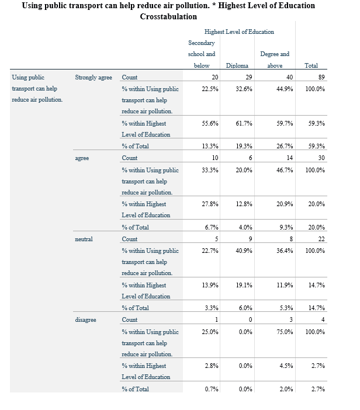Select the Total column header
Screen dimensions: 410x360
(311, 66)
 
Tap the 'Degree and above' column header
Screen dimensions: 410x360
(274, 60)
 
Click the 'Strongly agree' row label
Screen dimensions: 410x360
(94, 78)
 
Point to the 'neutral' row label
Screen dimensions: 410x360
(84, 239)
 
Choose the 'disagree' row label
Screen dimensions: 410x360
(85, 319)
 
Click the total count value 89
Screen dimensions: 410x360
(321, 78)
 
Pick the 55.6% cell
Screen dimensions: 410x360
(210, 123)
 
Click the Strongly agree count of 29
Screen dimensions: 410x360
(248, 78)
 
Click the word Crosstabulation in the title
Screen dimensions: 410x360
(168, 16)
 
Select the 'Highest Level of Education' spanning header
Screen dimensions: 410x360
(239, 32)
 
